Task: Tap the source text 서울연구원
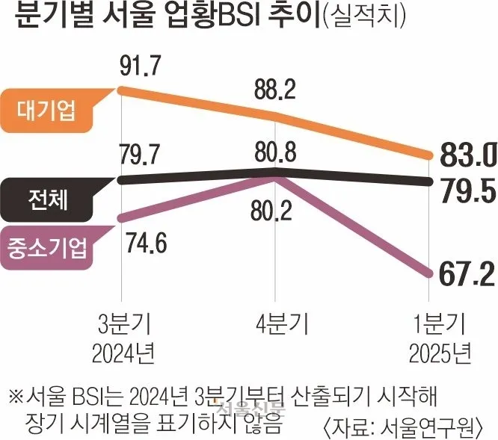(445, 426)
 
